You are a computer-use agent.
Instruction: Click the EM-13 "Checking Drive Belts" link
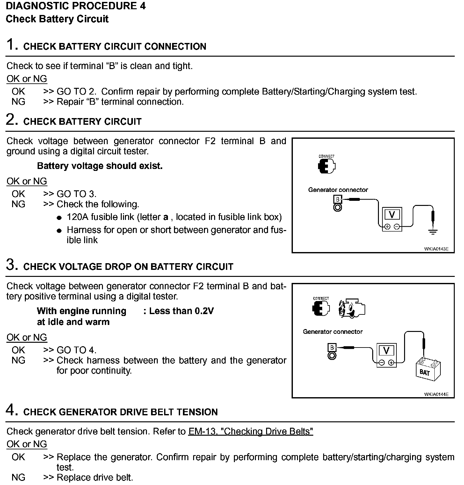coord(251,431)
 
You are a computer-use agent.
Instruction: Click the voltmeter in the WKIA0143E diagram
coord(392,219)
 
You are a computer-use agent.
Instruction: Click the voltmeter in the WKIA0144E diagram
coord(386,355)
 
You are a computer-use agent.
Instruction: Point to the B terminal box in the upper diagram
coord(338,200)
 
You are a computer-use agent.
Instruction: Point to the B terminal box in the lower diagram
coord(332,348)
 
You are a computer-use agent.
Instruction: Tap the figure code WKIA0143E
coord(436,249)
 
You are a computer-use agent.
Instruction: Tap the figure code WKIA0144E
coord(436,394)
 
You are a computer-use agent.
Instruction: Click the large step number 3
coord(12,265)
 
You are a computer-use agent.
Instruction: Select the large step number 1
coord(12,45)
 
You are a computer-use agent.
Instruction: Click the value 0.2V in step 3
coord(204,311)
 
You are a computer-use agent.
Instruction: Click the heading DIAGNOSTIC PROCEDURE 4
coord(76,6)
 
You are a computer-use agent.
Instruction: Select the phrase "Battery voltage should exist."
coord(100,166)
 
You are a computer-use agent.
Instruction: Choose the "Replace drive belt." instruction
coord(95,477)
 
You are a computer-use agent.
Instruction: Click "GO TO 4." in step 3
coord(76,350)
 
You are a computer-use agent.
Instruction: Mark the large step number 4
coord(12,410)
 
